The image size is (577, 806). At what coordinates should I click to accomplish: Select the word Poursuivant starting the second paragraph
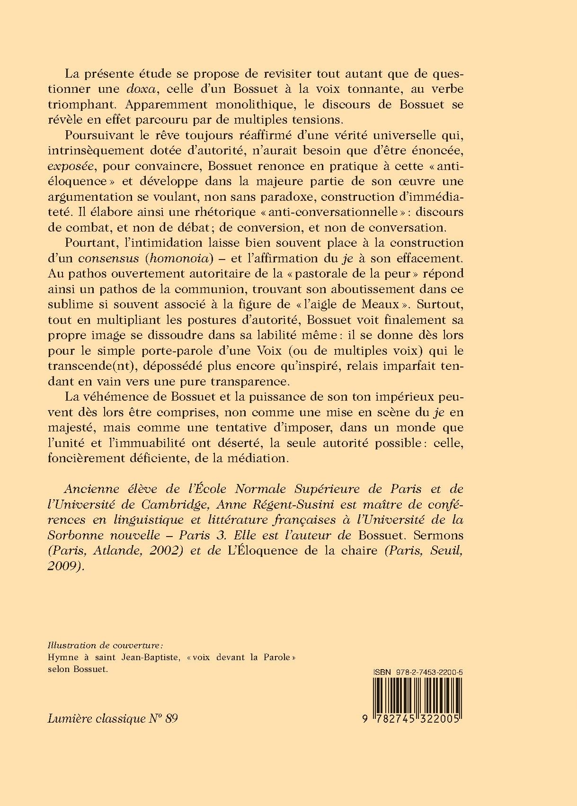pos(94,135)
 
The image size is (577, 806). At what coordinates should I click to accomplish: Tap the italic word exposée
pos(71,166)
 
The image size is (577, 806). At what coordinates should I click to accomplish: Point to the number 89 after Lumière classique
pos(172,718)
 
